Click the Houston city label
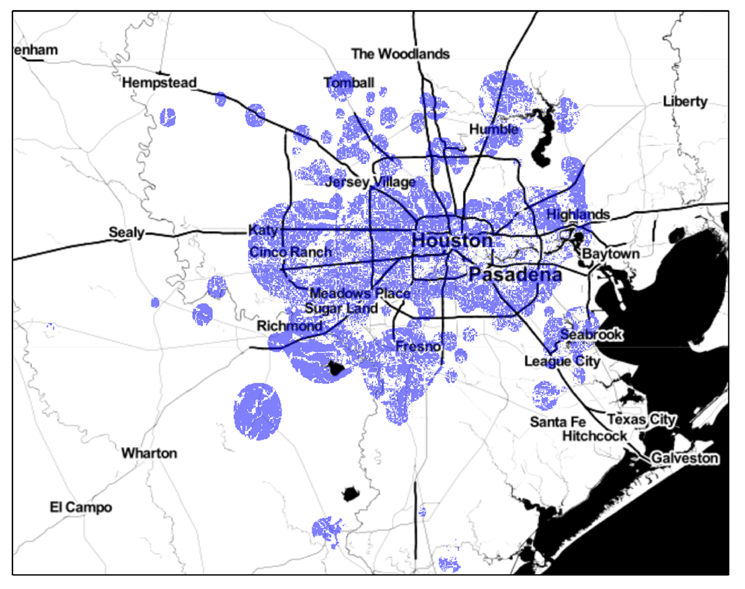pos(452,240)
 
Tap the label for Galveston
pos(684,458)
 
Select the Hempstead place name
pos(159,82)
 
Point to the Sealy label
pos(127,232)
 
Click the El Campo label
pos(81,508)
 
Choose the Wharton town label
pos(149,453)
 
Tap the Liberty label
pos(685,102)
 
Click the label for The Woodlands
pos(400,54)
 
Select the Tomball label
pos(349,83)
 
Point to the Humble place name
pos(493,129)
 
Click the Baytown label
pos(611,254)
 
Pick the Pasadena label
pos(515,275)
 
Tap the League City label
pos(562,362)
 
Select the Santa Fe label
pos(557,422)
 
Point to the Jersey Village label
pos(370,183)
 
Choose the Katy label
pos(263,230)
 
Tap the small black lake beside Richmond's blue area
pos(335,368)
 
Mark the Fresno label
pos(418,346)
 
